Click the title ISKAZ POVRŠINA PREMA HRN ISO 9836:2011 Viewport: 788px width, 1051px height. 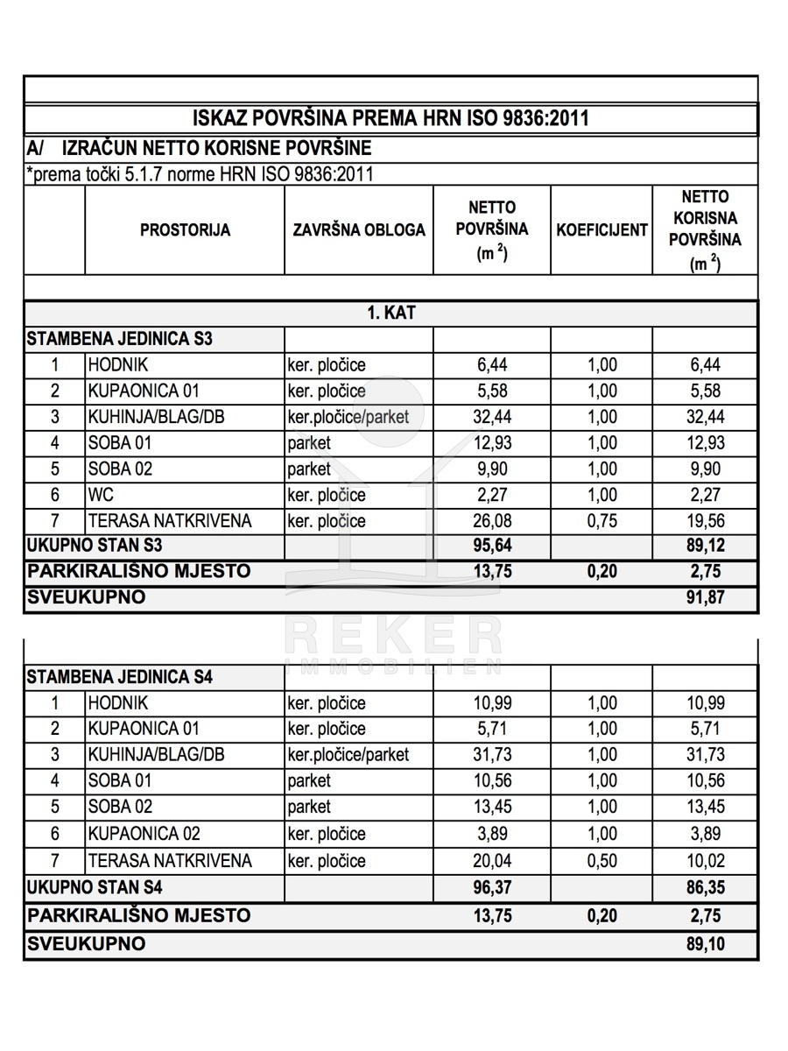coord(390,118)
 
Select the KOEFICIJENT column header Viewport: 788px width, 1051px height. coord(602,230)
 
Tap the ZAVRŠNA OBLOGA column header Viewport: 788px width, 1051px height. coord(359,230)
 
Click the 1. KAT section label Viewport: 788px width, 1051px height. coord(390,314)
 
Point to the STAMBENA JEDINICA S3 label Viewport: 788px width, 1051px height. coord(120,339)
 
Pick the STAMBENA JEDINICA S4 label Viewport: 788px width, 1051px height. coord(120,677)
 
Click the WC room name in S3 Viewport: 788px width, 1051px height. coord(95,495)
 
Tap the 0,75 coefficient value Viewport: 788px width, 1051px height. coord(602,521)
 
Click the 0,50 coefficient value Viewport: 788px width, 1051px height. coord(602,860)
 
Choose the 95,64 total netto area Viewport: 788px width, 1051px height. coord(491,546)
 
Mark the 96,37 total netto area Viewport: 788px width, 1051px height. coord(491,887)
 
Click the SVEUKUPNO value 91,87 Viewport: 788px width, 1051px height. coord(705,598)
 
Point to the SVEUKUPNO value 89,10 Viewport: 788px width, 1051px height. coord(705,944)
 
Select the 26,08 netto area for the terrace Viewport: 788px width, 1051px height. coord(491,521)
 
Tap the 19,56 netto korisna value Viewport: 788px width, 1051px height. coord(705,521)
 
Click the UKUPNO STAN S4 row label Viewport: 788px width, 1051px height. coord(95,887)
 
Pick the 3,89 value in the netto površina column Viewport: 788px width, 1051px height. coord(491,834)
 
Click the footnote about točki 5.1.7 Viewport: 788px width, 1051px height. coord(200,173)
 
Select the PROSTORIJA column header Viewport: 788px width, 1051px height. coord(185,230)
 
